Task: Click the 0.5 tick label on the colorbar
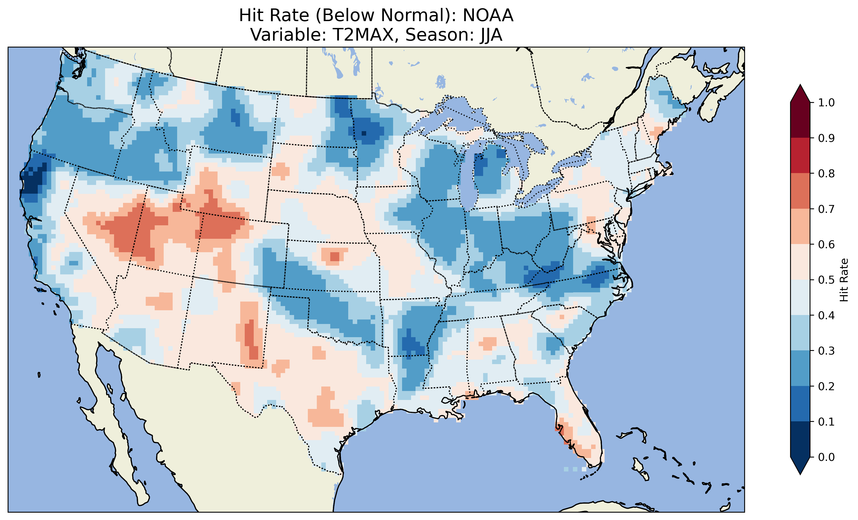[x=826, y=280]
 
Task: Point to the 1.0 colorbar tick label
[x=826, y=103]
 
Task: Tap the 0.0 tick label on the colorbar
[x=826, y=457]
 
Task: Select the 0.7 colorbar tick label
[x=826, y=209]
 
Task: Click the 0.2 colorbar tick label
[x=826, y=386]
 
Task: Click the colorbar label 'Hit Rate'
[x=844, y=280]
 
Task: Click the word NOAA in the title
[x=488, y=15]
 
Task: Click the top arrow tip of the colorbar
[x=800, y=85]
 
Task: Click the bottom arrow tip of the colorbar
[x=800, y=474]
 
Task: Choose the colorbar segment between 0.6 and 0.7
[x=800, y=226]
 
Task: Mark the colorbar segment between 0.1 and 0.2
[x=800, y=404]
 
